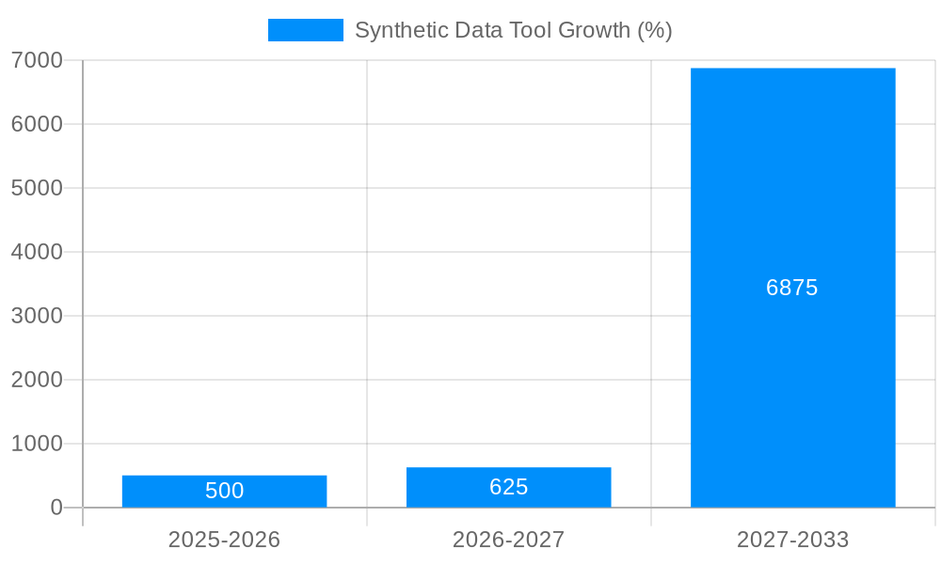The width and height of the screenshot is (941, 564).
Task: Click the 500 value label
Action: pos(224,491)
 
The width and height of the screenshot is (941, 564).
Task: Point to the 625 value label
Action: pos(508,487)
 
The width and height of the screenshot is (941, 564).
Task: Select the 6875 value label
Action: pos(792,288)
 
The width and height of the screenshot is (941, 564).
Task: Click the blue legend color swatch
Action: pos(305,30)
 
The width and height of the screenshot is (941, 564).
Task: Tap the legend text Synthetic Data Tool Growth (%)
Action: pos(513,30)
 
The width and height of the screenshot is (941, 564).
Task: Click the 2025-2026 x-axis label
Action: pos(224,540)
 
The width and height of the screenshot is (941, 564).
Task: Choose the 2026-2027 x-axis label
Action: pos(508,540)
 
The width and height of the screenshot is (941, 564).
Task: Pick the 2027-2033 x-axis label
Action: pos(792,540)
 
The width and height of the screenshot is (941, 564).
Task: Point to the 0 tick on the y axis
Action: pos(56,508)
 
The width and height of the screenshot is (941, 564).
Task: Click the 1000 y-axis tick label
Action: pos(37,444)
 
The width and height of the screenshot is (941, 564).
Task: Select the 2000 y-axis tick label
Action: pos(37,380)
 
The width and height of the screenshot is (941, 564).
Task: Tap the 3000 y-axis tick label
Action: pos(37,316)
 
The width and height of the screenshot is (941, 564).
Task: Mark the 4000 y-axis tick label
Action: pos(37,252)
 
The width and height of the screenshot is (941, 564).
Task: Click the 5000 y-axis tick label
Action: pos(37,188)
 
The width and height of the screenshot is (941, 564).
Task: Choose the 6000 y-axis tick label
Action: pos(37,124)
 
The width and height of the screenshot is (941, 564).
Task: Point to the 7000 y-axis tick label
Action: pos(37,60)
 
